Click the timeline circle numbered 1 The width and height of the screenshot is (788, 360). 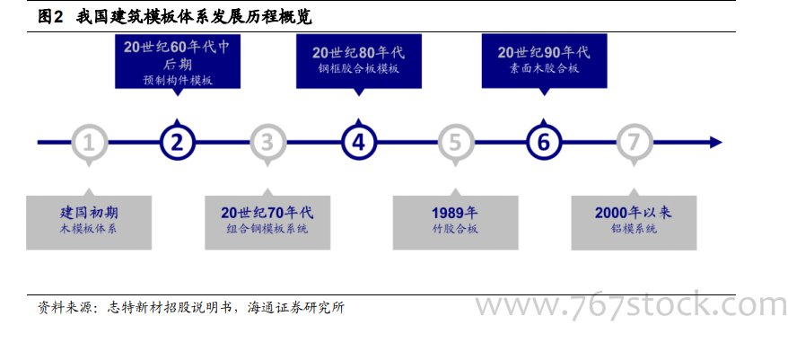coord(89,143)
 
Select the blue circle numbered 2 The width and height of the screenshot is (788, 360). coord(177,143)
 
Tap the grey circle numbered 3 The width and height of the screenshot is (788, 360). coord(267,143)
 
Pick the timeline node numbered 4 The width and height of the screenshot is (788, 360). coord(358,143)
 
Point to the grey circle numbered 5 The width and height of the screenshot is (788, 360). coord(455,143)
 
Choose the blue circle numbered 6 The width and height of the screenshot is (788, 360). coord(543,143)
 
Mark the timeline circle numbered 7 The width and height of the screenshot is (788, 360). coord(635,143)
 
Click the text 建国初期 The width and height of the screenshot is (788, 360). coord(89,212)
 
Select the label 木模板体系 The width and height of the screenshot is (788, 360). coord(89,229)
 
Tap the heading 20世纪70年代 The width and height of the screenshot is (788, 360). coord(267,212)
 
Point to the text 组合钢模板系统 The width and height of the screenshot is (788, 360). coord(267,229)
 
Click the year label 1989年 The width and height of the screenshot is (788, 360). coord(455,212)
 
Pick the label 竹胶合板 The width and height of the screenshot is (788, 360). coord(455,229)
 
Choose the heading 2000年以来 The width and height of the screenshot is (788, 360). coord(634,212)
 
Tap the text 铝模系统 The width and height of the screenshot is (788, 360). coord(634,229)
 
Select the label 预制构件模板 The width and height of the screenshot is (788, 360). coord(178,81)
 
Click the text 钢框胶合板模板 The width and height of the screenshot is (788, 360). coord(359,69)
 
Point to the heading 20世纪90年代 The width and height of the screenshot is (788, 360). coord(544,52)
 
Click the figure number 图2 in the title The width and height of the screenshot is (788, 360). coord(51,18)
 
